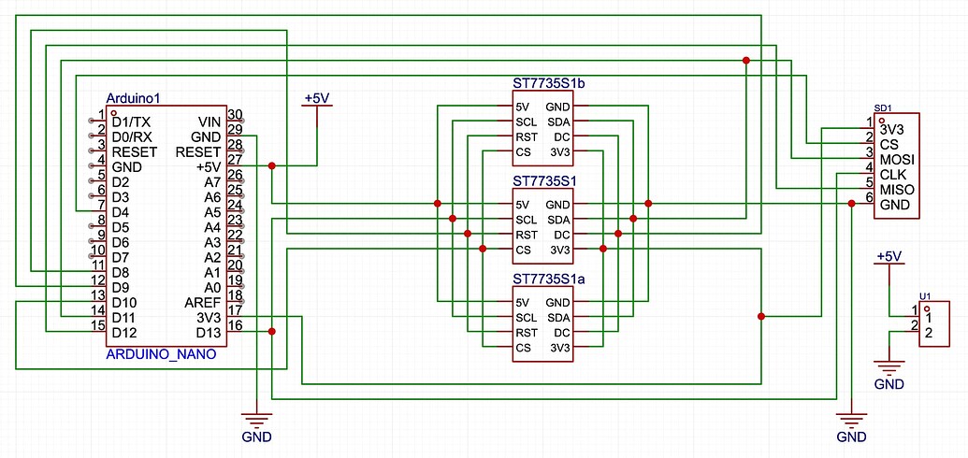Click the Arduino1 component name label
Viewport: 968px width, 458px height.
pyautogui.click(x=135, y=98)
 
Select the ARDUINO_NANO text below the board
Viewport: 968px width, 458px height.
pyautogui.click(x=162, y=354)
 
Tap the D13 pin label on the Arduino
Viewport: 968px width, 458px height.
pyautogui.click(x=208, y=333)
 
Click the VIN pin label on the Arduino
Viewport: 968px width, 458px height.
pyautogui.click(x=209, y=122)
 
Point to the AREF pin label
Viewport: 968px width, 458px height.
pyautogui.click(x=203, y=303)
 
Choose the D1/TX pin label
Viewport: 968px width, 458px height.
pyautogui.click(x=130, y=122)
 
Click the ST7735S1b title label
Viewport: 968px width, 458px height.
pyautogui.click(x=555, y=83)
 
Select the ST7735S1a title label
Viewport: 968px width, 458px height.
pyautogui.click(x=555, y=279)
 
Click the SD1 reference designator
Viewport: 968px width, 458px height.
pyautogui.click(x=882, y=107)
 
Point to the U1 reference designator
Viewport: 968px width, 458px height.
pyautogui.click(x=925, y=295)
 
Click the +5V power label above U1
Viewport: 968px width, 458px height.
pyautogui.click(x=889, y=256)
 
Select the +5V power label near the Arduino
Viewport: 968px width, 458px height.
pyautogui.click(x=317, y=98)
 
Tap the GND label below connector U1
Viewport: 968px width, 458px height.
pyautogui.click(x=889, y=384)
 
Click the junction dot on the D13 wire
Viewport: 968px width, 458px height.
pyautogui.click(x=272, y=332)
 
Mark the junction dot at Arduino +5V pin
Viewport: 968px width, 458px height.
pyautogui.click(x=272, y=166)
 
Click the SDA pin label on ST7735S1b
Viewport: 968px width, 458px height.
pyautogui.click(x=558, y=122)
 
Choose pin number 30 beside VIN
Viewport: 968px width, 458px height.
pyautogui.click(x=235, y=115)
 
